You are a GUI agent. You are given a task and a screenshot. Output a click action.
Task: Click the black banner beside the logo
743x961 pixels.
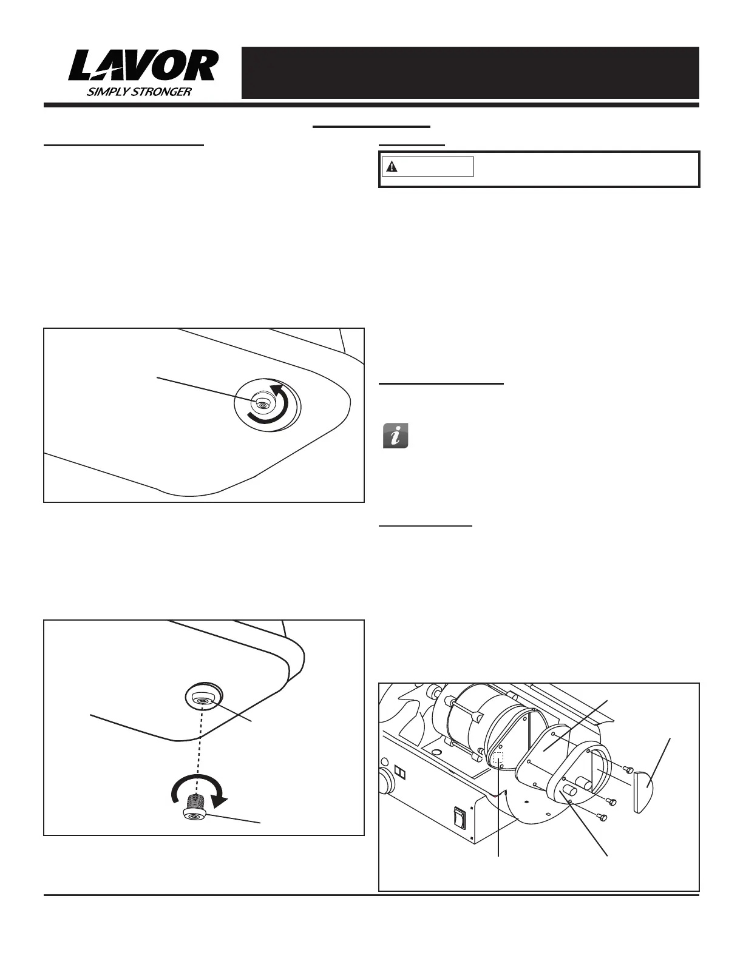(470, 72)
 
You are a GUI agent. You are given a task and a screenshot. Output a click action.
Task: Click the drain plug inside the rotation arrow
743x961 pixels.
(262, 405)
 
